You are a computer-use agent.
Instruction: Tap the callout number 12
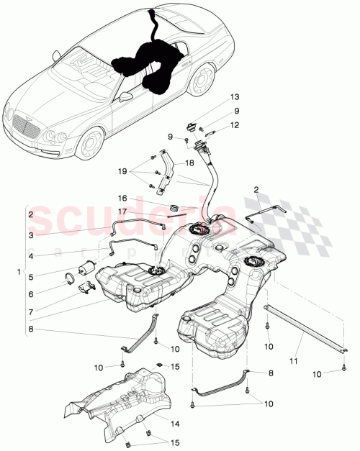coord(234,125)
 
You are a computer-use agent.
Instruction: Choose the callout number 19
coord(123,172)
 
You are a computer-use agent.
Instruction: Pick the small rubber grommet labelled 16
coord(173,209)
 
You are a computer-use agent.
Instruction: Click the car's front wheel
coord(90,144)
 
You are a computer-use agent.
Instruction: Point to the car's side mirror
coord(127,96)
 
